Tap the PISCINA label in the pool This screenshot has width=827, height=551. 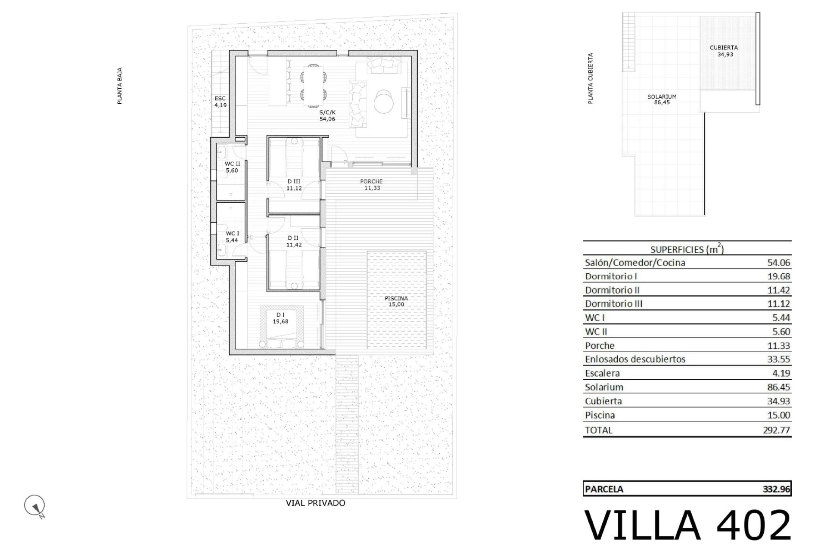(396, 301)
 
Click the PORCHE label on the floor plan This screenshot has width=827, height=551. (371, 185)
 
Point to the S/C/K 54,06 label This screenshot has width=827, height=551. (327, 115)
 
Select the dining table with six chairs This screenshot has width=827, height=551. (313, 85)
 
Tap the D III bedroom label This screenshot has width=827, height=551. (294, 185)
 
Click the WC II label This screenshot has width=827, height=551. (232, 167)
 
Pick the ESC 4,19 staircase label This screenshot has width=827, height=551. (220, 102)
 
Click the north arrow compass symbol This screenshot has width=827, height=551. (35, 506)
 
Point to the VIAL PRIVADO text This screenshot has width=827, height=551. (315, 503)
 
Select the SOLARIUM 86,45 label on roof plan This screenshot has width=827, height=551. (662, 99)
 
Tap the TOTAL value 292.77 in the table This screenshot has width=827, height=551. (776, 430)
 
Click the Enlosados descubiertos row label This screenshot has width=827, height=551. (635, 359)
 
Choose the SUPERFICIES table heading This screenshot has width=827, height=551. (687, 249)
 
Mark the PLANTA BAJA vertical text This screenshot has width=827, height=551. (120, 86)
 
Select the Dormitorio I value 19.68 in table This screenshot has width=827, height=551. (778, 276)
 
